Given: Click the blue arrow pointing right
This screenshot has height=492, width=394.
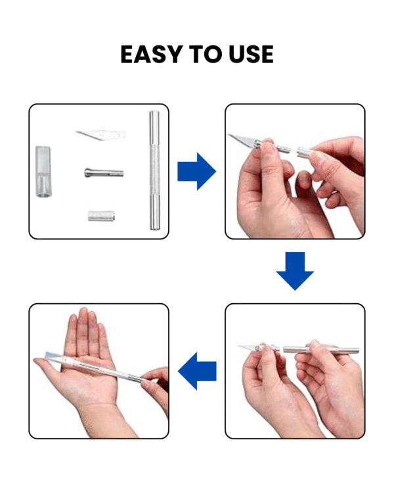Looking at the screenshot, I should pos(196,173).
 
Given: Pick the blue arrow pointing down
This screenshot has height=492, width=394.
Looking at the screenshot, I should pos(295,270).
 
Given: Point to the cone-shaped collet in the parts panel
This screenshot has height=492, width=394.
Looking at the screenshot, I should pos(103,173).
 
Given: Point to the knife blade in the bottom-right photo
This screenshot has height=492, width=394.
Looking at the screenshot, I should pos(248,345).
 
